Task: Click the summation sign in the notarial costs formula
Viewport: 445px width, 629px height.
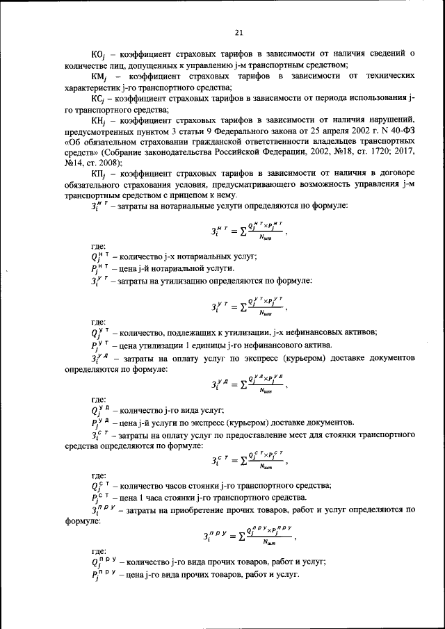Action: click(x=241, y=233)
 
